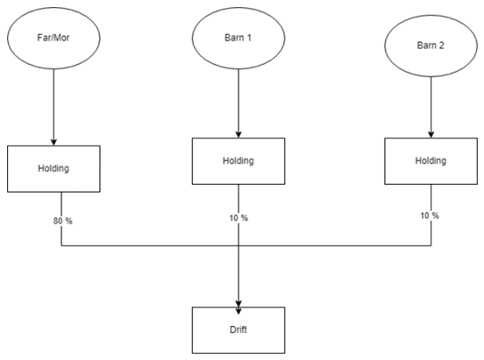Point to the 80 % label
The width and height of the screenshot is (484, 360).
pos(63,221)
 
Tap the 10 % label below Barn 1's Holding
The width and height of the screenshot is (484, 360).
pos(238,218)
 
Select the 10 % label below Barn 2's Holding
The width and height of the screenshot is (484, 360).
pos(429,216)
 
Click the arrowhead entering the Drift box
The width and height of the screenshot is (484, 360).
pos(239,311)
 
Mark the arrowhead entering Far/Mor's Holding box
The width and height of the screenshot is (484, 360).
pos(54,142)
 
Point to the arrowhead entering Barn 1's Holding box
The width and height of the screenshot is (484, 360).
pos(239,134)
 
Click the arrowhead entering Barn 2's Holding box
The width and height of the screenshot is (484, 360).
pos(431,134)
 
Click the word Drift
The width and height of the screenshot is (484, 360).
pos(238,329)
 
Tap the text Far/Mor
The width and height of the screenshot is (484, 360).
pos(53,37)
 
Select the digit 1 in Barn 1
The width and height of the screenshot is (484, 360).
pos(249,37)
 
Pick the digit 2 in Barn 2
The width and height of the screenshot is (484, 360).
pos(441,45)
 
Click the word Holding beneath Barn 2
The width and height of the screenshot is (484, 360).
pos(431,161)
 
